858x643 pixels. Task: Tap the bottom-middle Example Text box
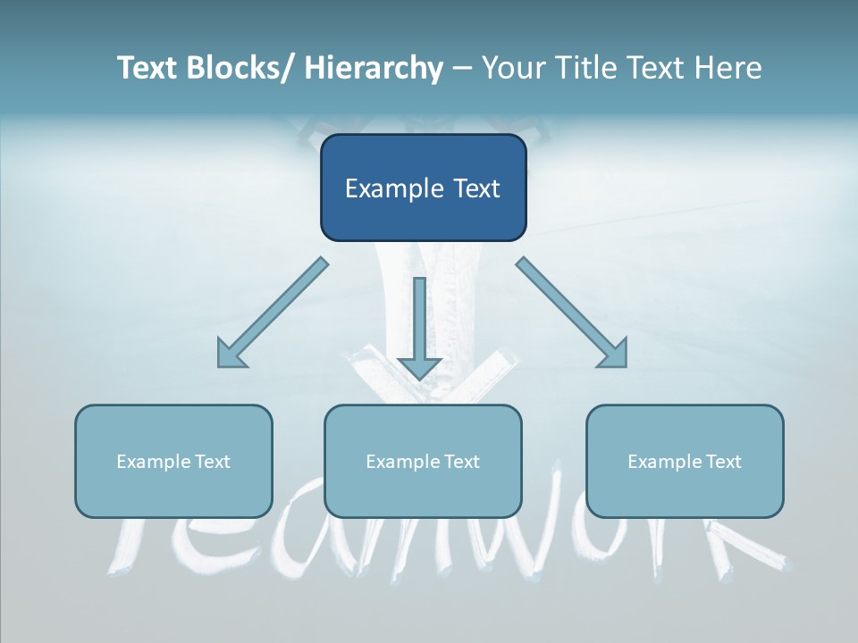pyautogui.click(x=423, y=491)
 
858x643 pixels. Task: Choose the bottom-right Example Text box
pyautogui.click(x=685, y=491)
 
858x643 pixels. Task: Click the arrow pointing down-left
pyautogui.click(x=272, y=313)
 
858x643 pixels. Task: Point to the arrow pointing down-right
pyautogui.click(x=572, y=313)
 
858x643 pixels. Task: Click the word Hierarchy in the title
pyautogui.click(x=374, y=68)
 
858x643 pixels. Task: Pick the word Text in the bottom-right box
pyautogui.click(x=723, y=462)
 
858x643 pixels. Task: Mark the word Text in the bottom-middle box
pyautogui.click(x=461, y=462)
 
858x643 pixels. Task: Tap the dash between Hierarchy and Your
pyautogui.click(x=462, y=69)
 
